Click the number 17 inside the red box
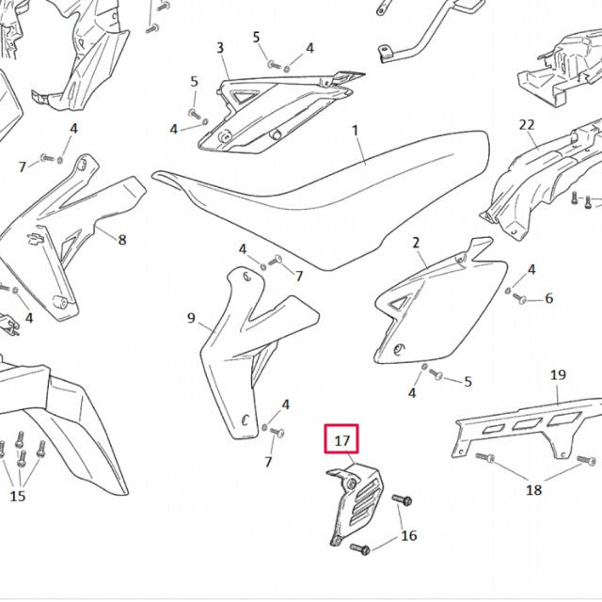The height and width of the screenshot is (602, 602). coord(342,440)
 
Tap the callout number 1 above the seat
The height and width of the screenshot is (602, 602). coord(356,130)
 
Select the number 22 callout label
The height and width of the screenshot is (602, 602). coord(527,124)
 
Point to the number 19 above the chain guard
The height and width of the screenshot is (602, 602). coord(558,374)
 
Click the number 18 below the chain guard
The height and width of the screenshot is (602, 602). coord(533,489)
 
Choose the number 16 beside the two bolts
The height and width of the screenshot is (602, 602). coord(409,535)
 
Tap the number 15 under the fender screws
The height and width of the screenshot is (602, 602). coord(17,496)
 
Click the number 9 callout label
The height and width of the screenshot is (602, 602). coord(191,318)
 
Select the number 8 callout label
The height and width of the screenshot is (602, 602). coord(122,240)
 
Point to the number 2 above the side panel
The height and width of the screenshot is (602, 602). coord(416,243)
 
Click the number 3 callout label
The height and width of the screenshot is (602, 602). coord(220,48)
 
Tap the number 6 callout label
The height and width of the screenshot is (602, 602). coord(549,298)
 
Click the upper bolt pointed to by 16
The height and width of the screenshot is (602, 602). coord(402,499)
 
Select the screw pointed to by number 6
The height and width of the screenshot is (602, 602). coord(519,298)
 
